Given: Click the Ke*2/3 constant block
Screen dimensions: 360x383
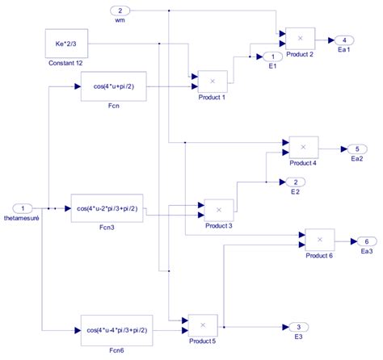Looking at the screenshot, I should (67, 43).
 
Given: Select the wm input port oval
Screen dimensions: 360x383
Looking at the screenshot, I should (120, 11).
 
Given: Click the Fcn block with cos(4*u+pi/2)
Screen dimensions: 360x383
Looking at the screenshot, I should (113, 86).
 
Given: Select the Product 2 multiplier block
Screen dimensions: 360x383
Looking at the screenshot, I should (300, 38).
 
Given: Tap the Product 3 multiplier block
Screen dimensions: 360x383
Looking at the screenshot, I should (218, 209).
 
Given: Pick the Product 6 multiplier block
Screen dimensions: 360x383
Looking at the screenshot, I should (319, 240).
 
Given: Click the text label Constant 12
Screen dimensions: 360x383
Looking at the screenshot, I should (67, 63).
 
